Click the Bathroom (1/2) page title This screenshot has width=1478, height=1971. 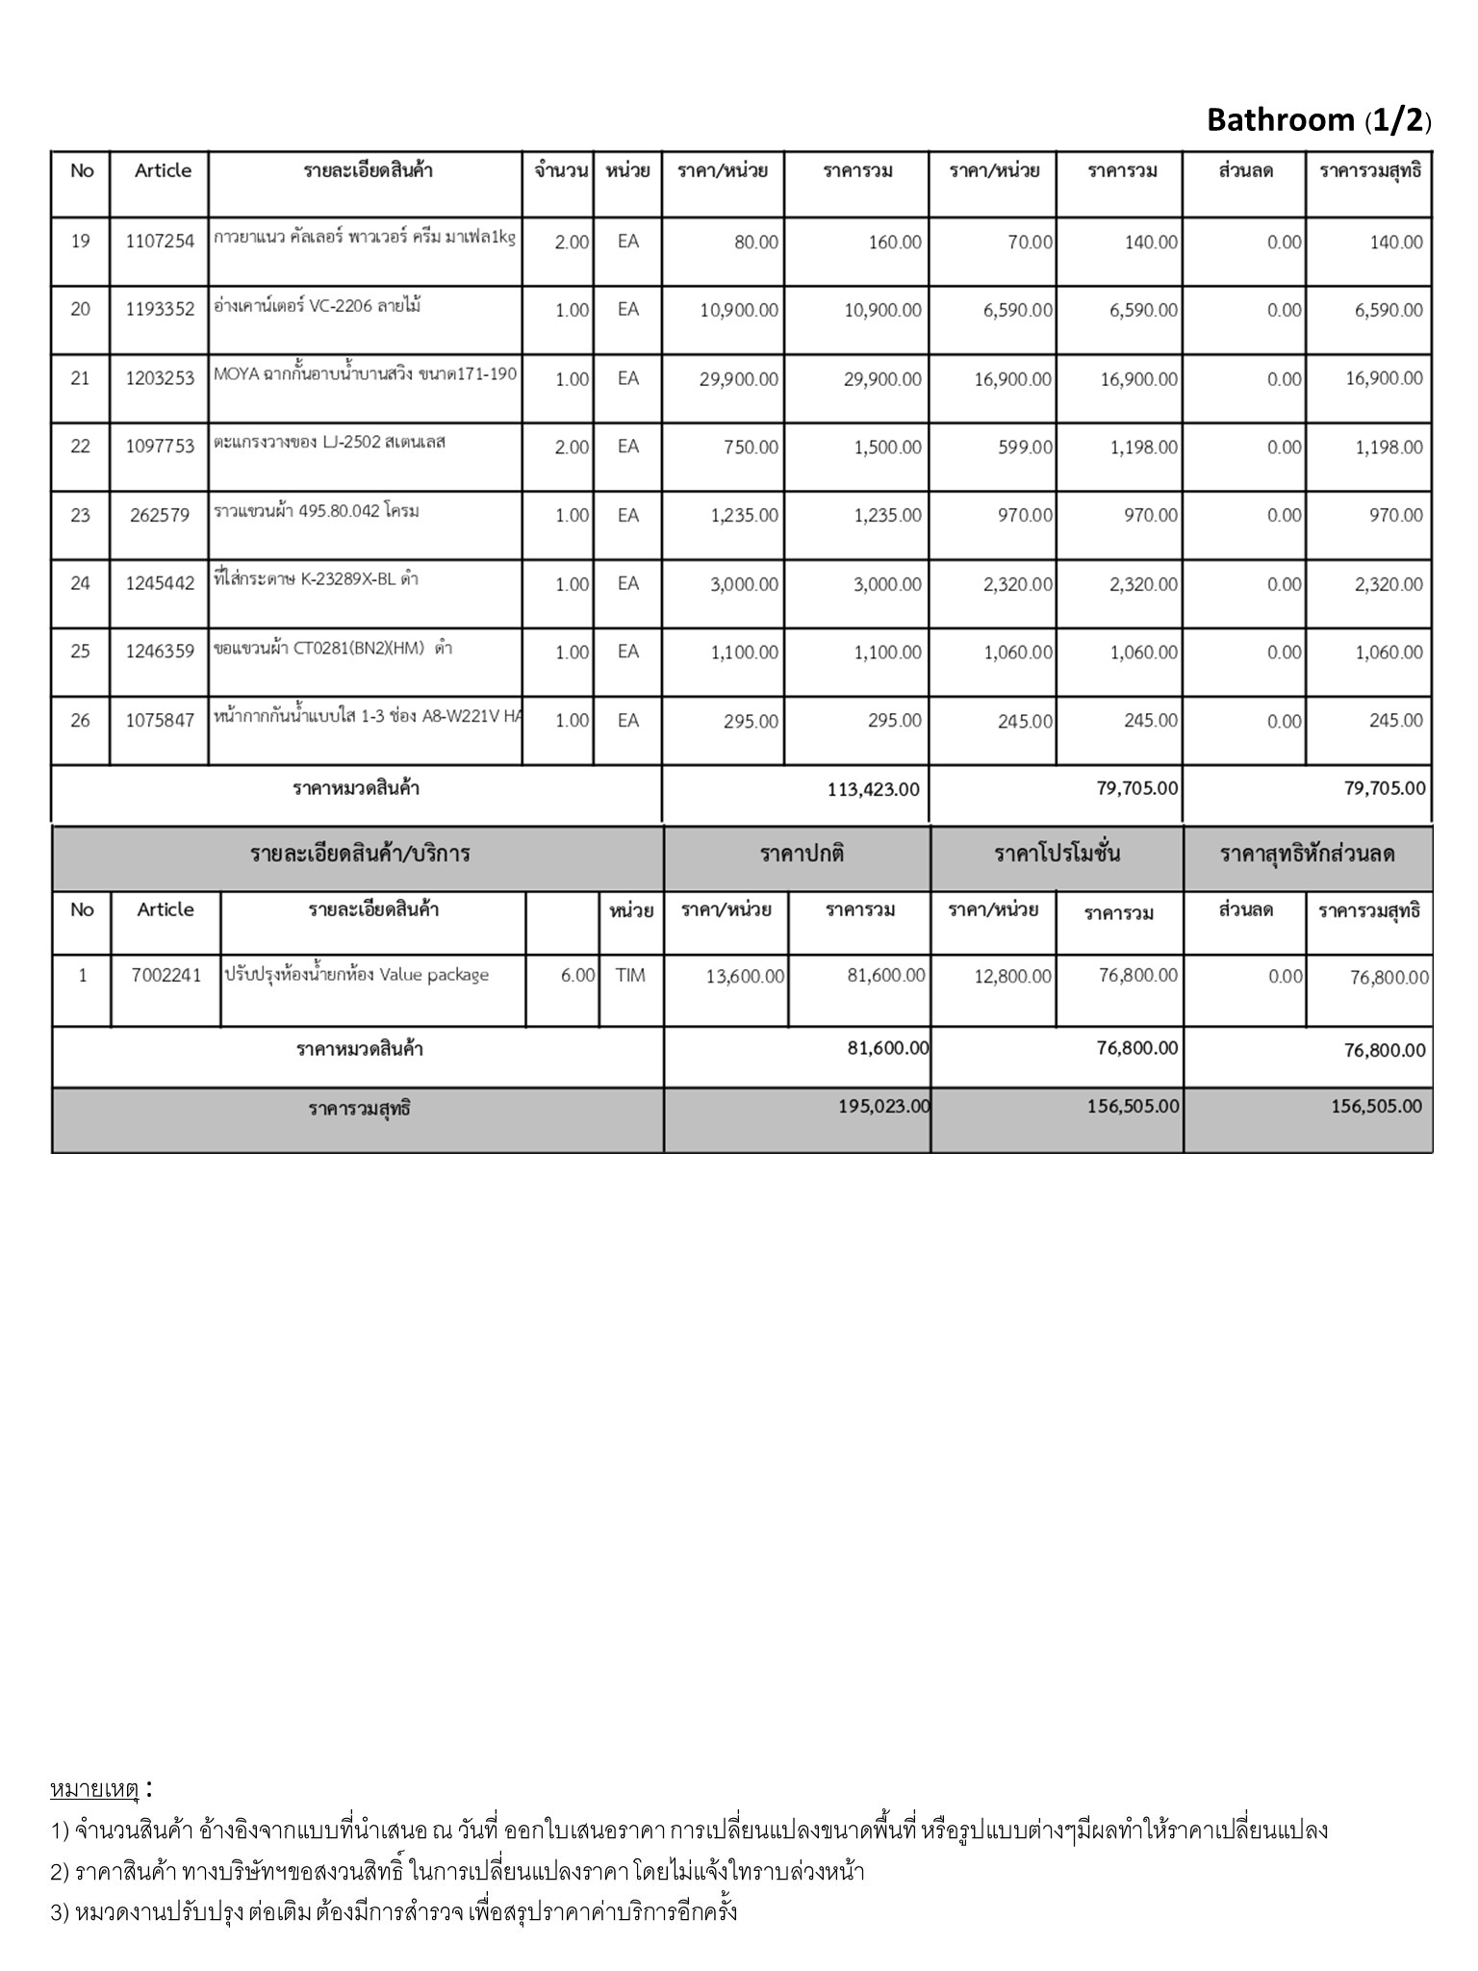point(1318,120)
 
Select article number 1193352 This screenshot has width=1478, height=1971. point(160,309)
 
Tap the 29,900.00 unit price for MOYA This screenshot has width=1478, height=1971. point(738,379)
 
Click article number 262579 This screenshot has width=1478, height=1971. point(160,515)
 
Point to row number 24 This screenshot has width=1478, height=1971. point(81,583)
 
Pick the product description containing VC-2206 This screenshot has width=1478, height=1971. point(318,307)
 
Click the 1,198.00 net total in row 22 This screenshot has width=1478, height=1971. point(1389,447)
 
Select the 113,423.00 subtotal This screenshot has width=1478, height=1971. point(873,789)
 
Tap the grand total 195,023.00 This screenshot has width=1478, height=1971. point(884,1106)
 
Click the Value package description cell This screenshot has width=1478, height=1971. point(357,975)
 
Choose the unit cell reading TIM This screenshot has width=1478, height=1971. point(630,975)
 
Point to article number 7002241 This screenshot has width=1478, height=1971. point(166,975)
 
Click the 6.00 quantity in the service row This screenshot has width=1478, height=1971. point(577,975)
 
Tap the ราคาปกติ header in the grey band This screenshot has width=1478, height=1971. point(802,854)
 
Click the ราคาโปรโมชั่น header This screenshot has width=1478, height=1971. point(1057,854)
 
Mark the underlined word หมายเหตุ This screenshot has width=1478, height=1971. point(94,1789)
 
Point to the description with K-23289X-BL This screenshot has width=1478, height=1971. point(316,579)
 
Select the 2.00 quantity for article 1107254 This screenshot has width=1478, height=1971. point(572,243)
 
